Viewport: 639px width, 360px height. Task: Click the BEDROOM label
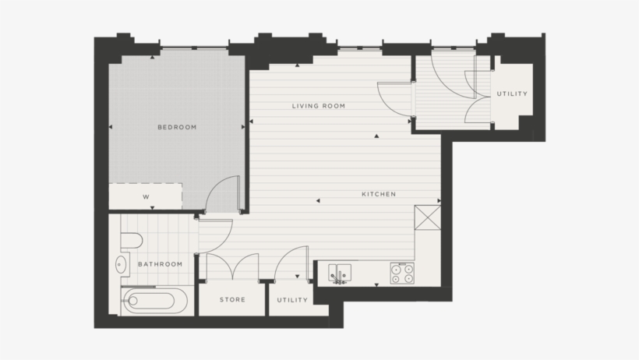(x=177, y=127)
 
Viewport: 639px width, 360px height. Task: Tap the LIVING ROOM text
(x=318, y=106)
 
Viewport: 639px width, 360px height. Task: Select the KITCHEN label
(x=379, y=194)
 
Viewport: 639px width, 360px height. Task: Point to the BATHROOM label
(x=160, y=264)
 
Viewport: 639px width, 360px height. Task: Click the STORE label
(x=232, y=300)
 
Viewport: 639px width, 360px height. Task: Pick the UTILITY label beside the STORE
(x=292, y=300)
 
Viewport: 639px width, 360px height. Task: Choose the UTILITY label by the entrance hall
(x=512, y=94)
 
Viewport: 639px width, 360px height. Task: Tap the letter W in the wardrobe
(x=146, y=197)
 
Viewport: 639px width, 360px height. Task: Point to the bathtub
(x=154, y=300)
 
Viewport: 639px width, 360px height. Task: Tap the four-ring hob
(x=402, y=272)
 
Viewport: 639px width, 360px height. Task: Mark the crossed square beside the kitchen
(x=429, y=217)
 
